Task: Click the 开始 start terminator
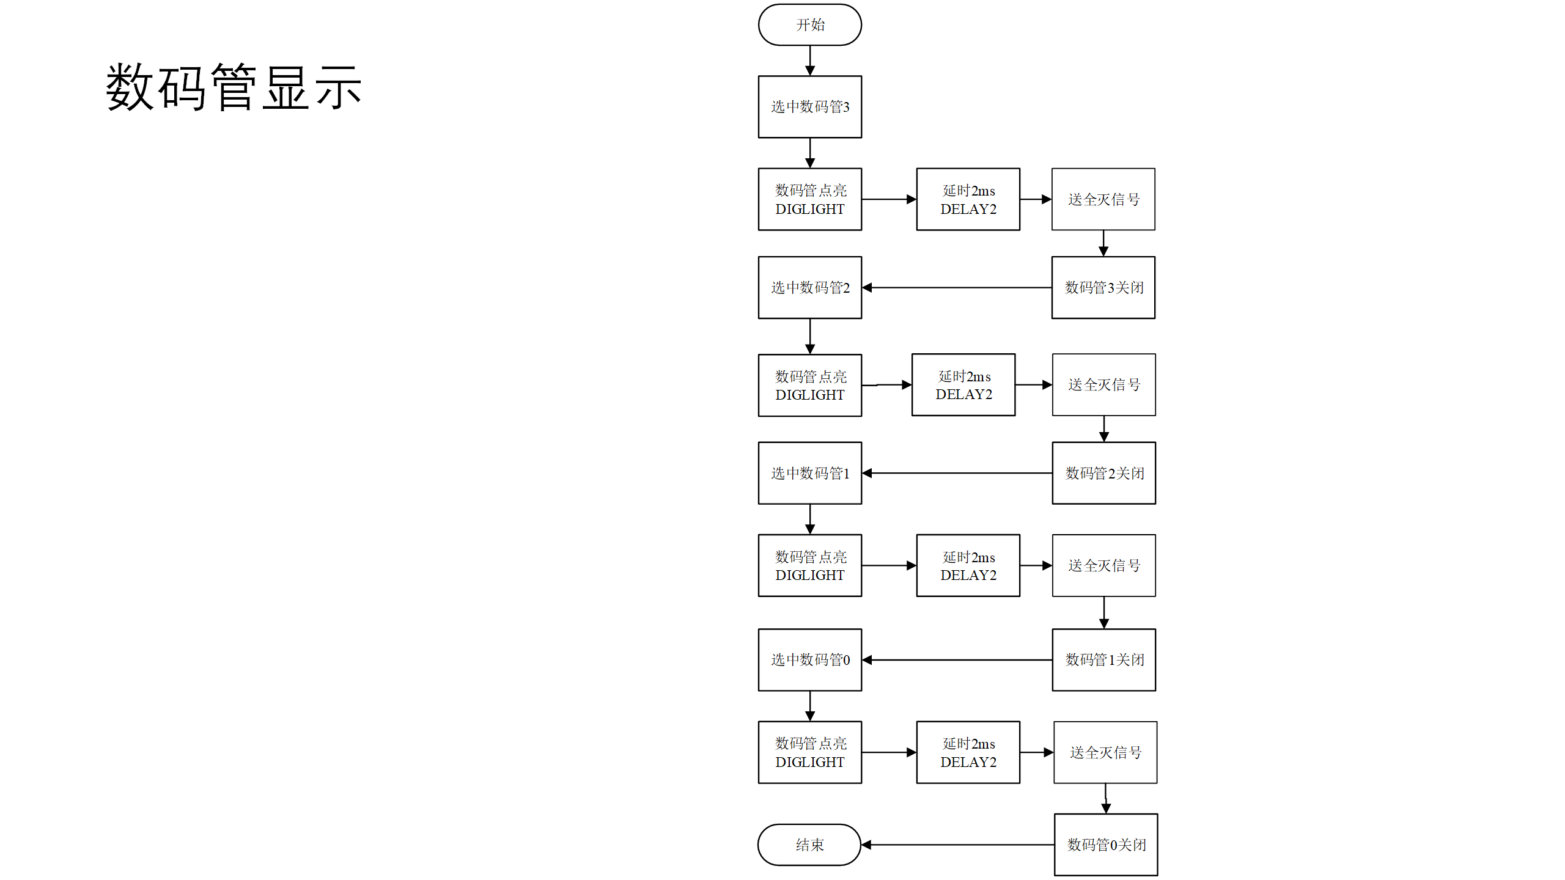809,25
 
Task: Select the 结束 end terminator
809,845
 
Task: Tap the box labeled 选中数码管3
809,107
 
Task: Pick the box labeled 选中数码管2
809,287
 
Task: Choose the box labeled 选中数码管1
809,473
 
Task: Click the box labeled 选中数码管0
809,659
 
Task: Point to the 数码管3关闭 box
1103,287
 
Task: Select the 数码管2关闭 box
1103,473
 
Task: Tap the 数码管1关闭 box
1103,659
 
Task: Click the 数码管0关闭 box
1105,845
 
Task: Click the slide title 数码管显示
234,88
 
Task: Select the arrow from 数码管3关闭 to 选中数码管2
957,287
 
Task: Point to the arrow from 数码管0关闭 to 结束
957,845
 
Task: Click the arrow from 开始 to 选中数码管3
809,61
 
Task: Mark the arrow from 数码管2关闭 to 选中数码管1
957,473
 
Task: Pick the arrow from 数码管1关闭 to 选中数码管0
957,659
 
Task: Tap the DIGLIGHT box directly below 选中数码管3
809,199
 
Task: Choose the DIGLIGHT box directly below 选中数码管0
809,752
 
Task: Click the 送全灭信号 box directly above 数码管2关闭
1103,384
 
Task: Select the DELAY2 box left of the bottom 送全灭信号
968,752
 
